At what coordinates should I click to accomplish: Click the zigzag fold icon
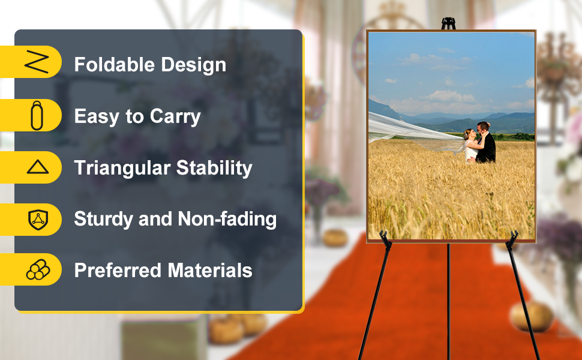(x=37, y=61)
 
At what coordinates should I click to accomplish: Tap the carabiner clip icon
(x=37, y=115)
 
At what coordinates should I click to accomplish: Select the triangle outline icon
(x=37, y=167)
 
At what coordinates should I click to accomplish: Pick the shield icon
(x=38, y=220)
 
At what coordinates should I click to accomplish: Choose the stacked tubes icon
(x=38, y=269)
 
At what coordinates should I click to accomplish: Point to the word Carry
(x=175, y=117)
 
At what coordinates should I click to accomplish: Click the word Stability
(x=214, y=168)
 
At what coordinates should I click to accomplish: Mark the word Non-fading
(x=227, y=219)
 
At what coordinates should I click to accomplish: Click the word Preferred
(x=118, y=270)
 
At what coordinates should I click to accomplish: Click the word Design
(x=193, y=65)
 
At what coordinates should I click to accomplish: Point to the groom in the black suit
(x=485, y=143)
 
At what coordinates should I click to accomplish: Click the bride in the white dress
(x=470, y=146)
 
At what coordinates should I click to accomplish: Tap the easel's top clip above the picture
(x=448, y=23)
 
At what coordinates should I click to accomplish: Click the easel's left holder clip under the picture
(x=385, y=239)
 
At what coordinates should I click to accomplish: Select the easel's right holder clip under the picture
(x=512, y=239)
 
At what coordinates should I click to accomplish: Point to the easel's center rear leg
(x=448, y=301)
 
